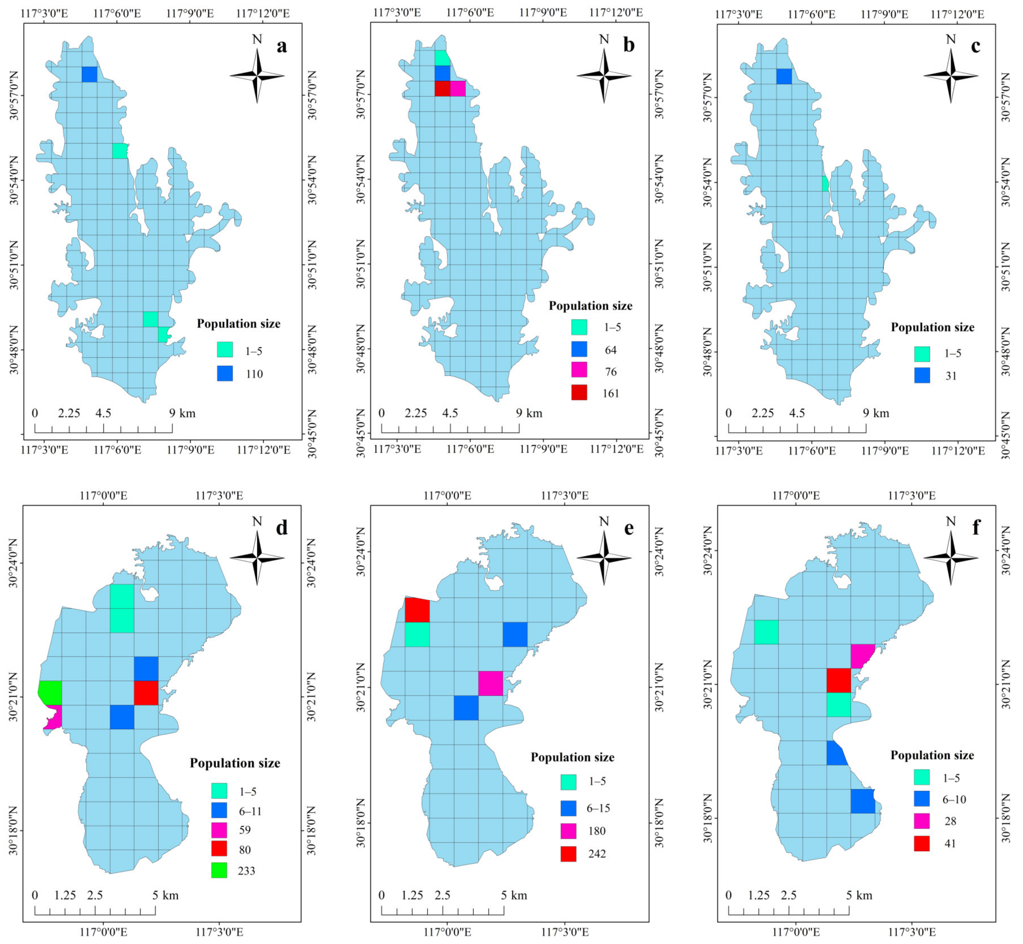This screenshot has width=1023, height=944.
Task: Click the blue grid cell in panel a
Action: pos(89,74)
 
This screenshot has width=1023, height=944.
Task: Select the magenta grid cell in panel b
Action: pos(458,88)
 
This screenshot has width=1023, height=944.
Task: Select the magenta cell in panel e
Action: pos(490,683)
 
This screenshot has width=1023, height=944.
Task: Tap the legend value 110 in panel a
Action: pos(254,374)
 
